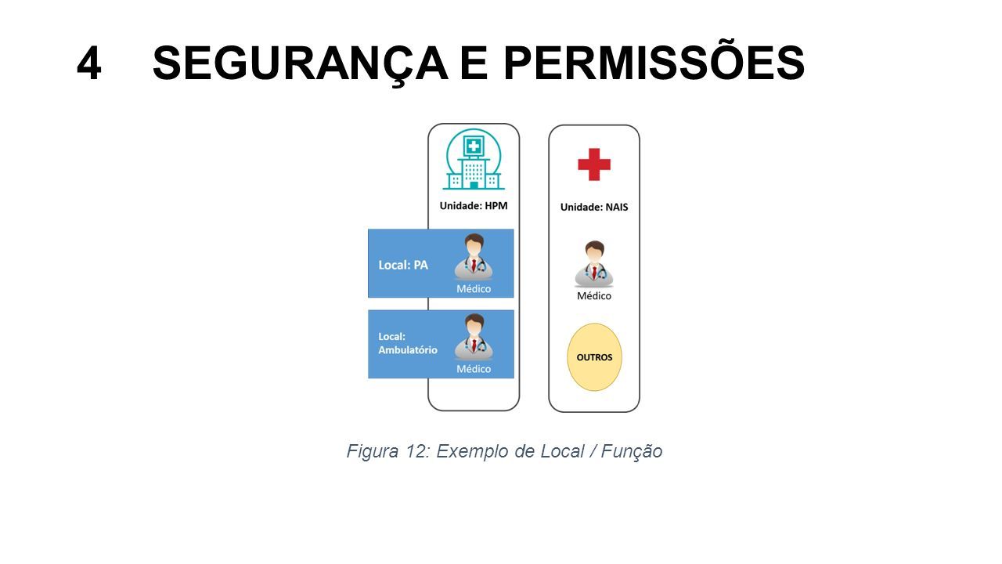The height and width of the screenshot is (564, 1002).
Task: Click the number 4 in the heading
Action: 89,63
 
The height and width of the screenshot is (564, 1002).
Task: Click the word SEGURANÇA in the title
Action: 300,64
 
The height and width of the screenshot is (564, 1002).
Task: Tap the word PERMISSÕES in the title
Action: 654,62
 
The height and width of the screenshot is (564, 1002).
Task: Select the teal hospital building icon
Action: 474,159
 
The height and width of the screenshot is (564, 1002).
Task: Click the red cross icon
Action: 594,164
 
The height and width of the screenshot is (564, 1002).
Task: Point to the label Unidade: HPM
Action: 474,206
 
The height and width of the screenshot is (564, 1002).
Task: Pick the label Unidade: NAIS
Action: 594,208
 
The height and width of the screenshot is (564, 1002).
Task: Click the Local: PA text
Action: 403,265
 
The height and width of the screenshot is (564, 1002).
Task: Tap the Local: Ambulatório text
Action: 408,343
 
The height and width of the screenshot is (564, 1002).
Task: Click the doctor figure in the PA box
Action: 474,257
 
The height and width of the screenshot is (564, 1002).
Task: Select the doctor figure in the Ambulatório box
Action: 474,337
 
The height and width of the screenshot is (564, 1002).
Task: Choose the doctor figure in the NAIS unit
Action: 594,264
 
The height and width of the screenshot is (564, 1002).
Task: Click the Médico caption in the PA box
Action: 474,289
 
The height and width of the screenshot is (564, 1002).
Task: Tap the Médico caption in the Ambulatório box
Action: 474,369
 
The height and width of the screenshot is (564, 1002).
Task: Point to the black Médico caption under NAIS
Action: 594,296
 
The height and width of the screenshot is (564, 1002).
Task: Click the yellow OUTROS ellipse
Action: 594,357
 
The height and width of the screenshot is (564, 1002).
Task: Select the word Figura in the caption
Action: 372,451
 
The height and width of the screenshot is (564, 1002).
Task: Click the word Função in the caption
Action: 631,451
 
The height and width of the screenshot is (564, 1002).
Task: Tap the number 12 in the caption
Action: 417,451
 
